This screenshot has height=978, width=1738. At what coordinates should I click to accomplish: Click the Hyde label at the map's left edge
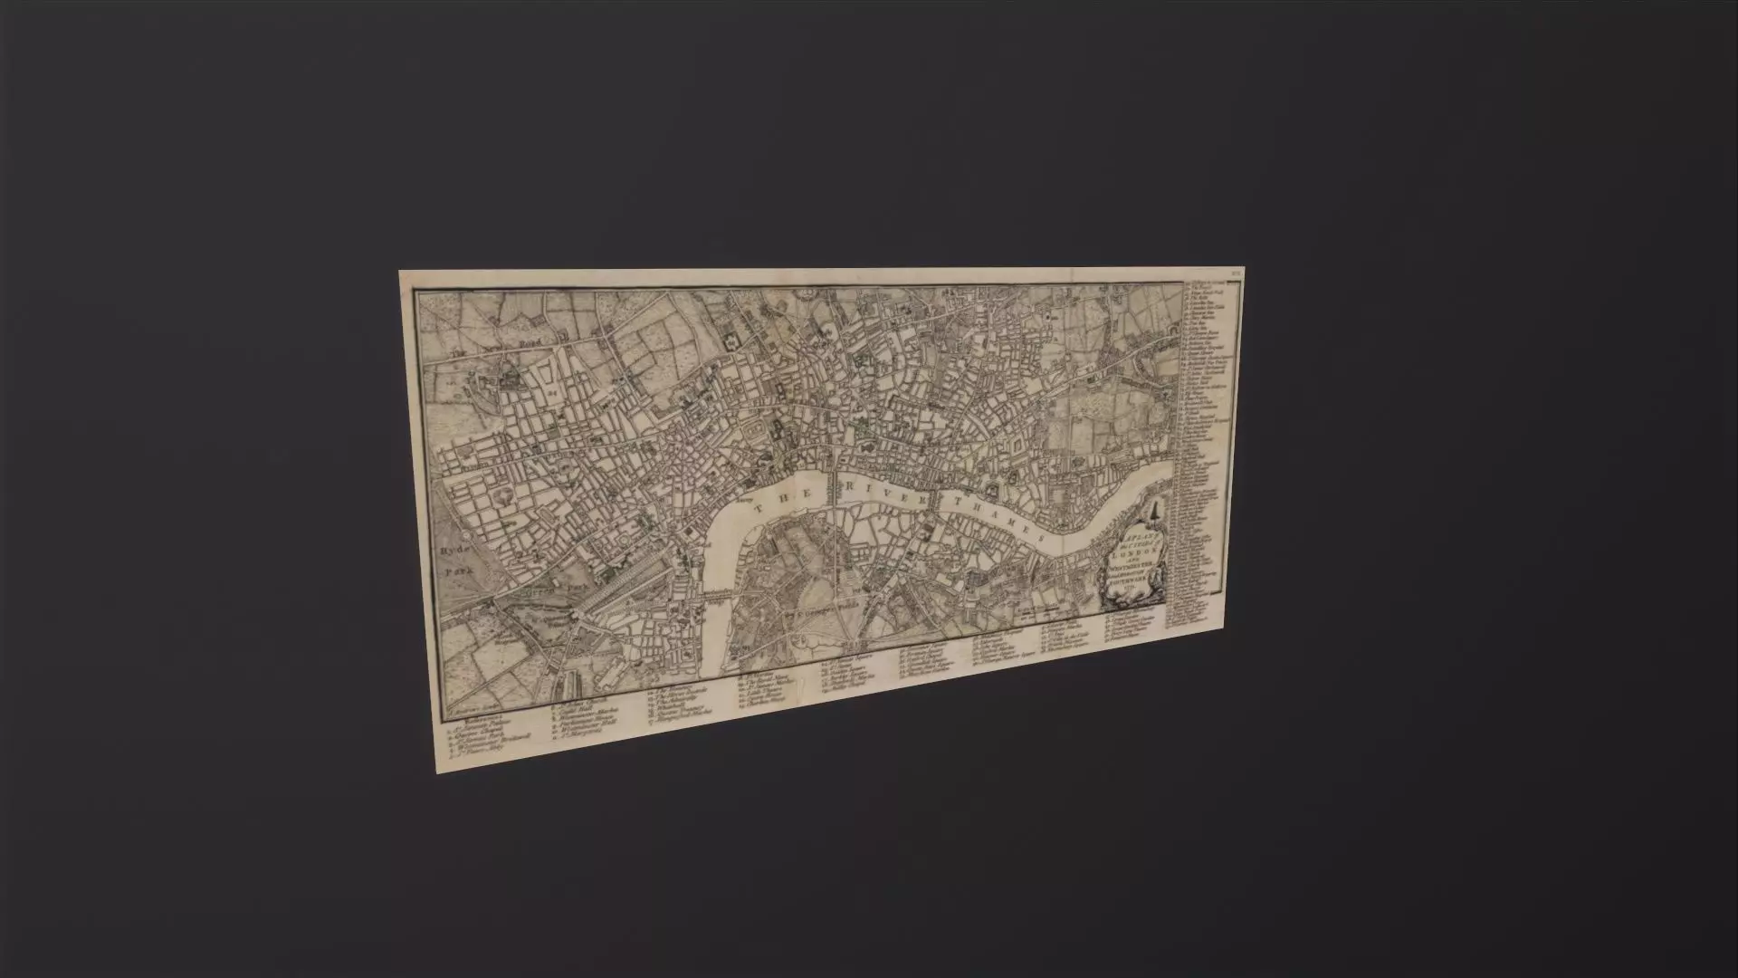click(452, 551)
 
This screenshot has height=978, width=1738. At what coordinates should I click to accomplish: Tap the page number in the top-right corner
click(1237, 272)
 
